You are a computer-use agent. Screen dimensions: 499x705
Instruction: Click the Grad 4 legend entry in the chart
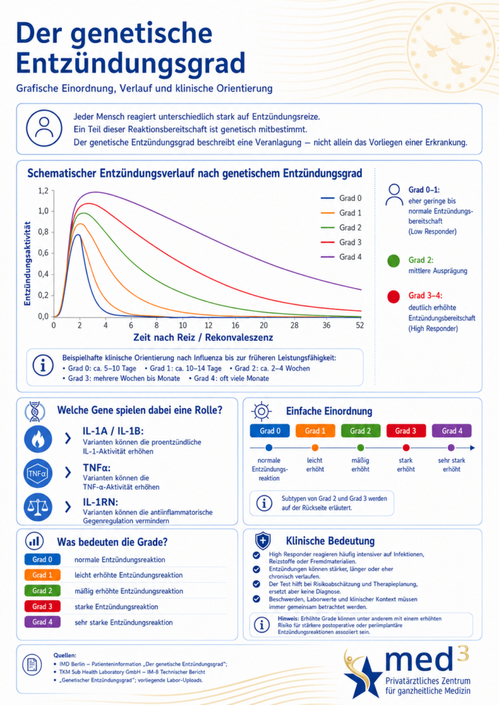(x=341, y=257)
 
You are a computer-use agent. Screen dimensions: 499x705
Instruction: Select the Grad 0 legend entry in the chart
(x=341, y=198)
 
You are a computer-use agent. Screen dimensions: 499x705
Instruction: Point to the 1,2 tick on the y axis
(x=43, y=191)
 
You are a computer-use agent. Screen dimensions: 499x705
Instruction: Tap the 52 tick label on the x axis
(x=360, y=325)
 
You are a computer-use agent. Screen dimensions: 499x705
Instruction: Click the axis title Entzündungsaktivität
(x=27, y=264)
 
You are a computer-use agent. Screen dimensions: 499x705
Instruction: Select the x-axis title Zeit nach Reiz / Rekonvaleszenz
(x=203, y=337)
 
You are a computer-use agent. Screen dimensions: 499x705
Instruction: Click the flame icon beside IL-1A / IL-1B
(x=38, y=439)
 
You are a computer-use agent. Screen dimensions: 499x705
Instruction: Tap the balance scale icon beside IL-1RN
(x=38, y=507)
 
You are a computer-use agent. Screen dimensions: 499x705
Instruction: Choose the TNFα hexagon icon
(x=38, y=473)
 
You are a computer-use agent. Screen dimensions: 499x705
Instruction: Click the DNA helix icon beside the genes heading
(x=35, y=411)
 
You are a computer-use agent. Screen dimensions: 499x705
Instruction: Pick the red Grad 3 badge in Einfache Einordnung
(x=406, y=431)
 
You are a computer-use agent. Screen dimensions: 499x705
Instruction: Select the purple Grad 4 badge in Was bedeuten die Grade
(x=42, y=622)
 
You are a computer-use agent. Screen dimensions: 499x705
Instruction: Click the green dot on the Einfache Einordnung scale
(x=361, y=447)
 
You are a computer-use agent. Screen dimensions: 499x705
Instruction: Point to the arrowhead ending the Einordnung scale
(x=472, y=447)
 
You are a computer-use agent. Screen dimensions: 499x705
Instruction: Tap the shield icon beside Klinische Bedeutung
(x=263, y=540)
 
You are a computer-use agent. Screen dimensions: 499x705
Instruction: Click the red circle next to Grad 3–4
(x=394, y=297)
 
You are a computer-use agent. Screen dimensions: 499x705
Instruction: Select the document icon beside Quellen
(x=32, y=665)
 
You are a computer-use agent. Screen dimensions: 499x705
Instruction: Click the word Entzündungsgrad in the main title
(x=131, y=63)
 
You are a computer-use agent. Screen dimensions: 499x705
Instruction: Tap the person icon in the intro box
(x=44, y=128)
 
